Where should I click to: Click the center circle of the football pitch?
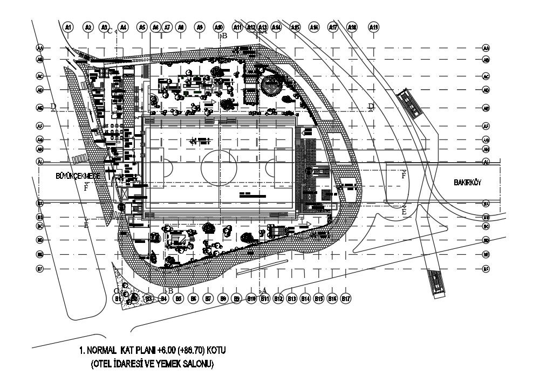click(219, 168)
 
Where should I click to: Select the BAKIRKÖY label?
click(467, 183)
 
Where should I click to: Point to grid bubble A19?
click(374, 26)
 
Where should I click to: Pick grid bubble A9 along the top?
click(199, 26)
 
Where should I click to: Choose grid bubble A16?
click(314, 26)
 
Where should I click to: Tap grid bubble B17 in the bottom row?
click(346, 298)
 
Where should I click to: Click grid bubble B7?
click(208, 298)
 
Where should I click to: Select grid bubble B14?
click(305, 298)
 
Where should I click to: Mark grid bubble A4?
click(123, 26)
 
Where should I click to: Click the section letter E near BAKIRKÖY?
click(404, 212)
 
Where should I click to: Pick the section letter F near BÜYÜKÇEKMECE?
click(86, 188)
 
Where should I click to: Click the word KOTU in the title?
click(214, 351)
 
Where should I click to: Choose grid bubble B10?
click(250, 298)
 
